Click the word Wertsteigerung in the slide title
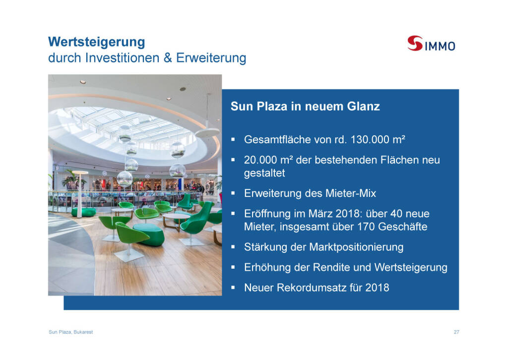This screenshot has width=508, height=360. pos(97,43)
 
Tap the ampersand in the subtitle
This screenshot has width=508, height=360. pos(168,58)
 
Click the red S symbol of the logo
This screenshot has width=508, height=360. pos(415,43)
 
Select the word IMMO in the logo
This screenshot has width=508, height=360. pos(440,46)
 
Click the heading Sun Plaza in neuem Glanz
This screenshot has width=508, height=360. pos(305,106)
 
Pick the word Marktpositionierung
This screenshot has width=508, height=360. pos(356,247)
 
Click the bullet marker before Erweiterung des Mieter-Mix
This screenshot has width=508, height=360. pos(233,193)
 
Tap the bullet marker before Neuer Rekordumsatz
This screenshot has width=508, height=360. pos(233,288)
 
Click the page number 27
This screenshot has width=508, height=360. pos(456,332)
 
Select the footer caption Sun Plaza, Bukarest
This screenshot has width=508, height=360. pos(70,332)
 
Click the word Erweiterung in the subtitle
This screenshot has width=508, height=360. pos(211,59)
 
